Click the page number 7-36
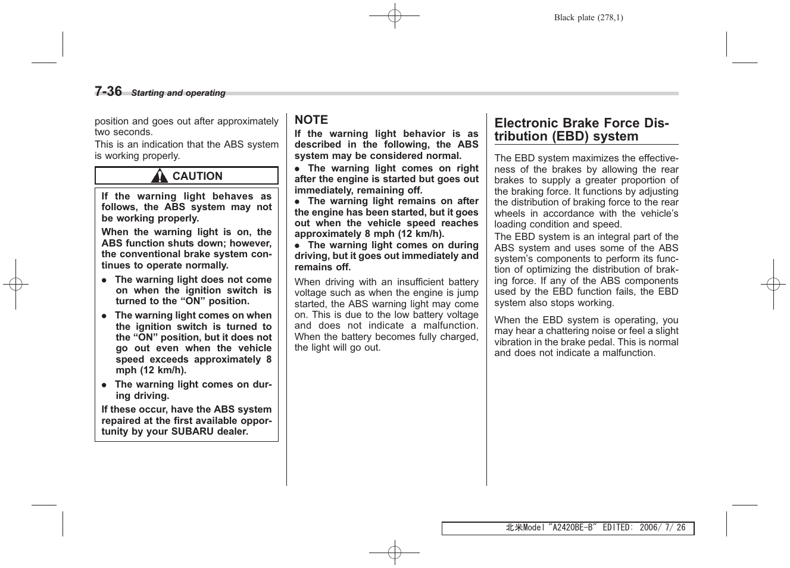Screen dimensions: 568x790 coord(108,91)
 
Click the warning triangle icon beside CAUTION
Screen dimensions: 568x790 coord(160,176)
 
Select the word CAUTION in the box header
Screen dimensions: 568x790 coord(197,176)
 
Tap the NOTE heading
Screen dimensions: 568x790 coord(311,120)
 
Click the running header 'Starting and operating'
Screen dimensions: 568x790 coord(178,93)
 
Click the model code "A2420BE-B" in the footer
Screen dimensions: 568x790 coord(572,528)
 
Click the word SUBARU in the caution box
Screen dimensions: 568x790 coord(192,432)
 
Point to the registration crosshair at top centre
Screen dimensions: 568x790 coord(394,16)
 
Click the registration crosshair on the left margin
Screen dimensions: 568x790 coord(16,284)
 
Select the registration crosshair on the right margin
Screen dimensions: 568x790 coord(773,284)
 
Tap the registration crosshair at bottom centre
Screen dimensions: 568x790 coord(394,553)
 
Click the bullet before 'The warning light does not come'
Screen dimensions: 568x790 coord(104,280)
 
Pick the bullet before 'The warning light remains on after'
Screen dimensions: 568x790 coord(297,202)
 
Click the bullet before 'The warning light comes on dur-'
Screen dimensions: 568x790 coord(104,385)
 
